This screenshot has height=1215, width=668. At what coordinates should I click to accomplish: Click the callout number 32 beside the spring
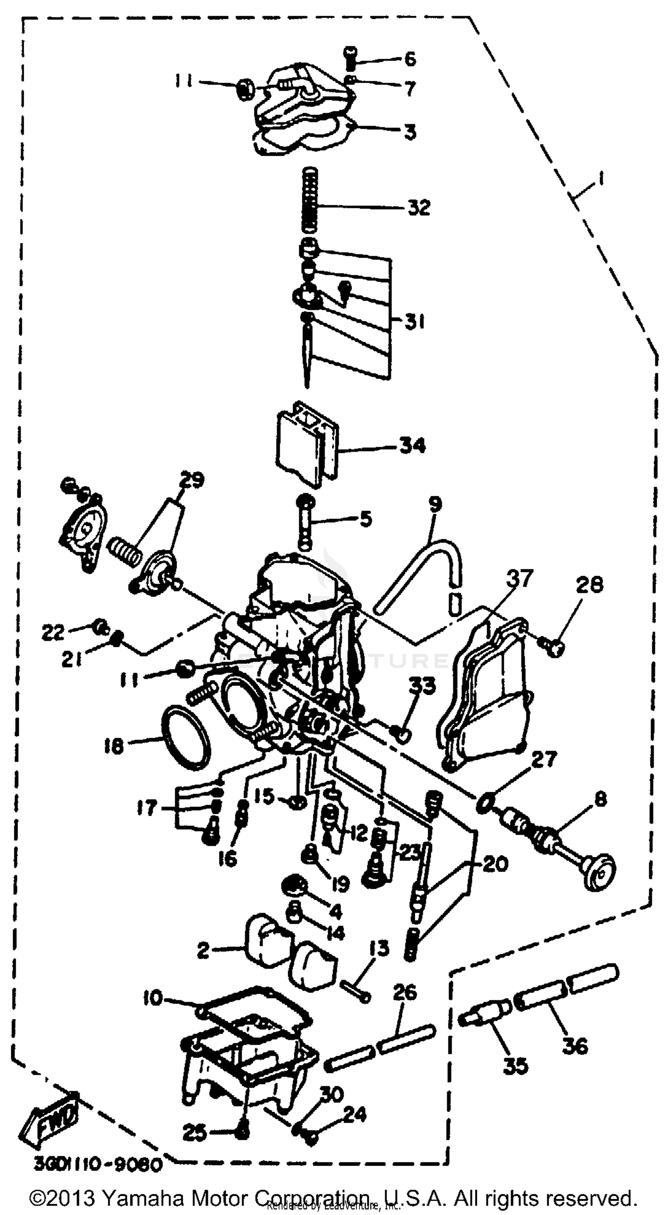pyautogui.click(x=419, y=208)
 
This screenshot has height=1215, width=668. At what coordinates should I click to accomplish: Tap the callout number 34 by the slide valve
pyautogui.click(x=412, y=445)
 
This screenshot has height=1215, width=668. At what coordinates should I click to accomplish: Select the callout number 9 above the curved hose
pyautogui.click(x=435, y=504)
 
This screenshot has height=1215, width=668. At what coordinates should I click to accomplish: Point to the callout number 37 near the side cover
pyautogui.click(x=520, y=578)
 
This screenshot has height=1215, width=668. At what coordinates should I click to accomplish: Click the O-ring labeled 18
pyautogui.click(x=185, y=738)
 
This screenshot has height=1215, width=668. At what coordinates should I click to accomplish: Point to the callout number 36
pyautogui.click(x=575, y=1046)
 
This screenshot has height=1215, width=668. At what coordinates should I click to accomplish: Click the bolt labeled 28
pyautogui.click(x=554, y=648)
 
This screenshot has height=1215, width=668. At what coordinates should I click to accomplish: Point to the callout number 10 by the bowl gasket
pyautogui.click(x=153, y=998)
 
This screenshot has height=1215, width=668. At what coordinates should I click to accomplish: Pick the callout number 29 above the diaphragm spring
pyautogui.click(x=191, y=481)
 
